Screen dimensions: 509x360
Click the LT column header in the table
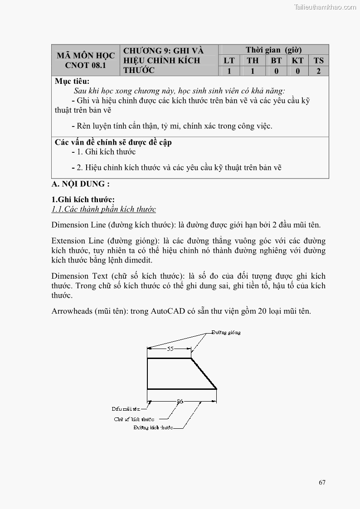tap(229, 61)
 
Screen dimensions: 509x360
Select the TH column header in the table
tap(253, 61)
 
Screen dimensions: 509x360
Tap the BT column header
tap(276, 61)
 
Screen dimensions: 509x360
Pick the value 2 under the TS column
tap(319, 71)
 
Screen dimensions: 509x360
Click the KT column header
tap(297, 61)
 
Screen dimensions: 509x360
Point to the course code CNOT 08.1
tap(85, 65)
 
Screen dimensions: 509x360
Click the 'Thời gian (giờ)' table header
tap(273, 50)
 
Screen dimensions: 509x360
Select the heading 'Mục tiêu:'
tap(72, 82)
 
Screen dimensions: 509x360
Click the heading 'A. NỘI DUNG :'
tap(81, 184)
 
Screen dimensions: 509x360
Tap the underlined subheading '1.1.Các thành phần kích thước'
tap(103, 209)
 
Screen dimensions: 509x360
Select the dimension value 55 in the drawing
tap(170, 349)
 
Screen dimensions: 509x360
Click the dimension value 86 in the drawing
tap(180, 401)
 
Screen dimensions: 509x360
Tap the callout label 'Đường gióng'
tap(226, 332)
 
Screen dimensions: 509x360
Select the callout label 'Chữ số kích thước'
tap(134, 419)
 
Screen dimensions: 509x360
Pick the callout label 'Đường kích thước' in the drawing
tap(153, 427)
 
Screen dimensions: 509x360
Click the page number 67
tap(322, 482)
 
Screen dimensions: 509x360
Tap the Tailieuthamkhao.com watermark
tap(325, 7)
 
